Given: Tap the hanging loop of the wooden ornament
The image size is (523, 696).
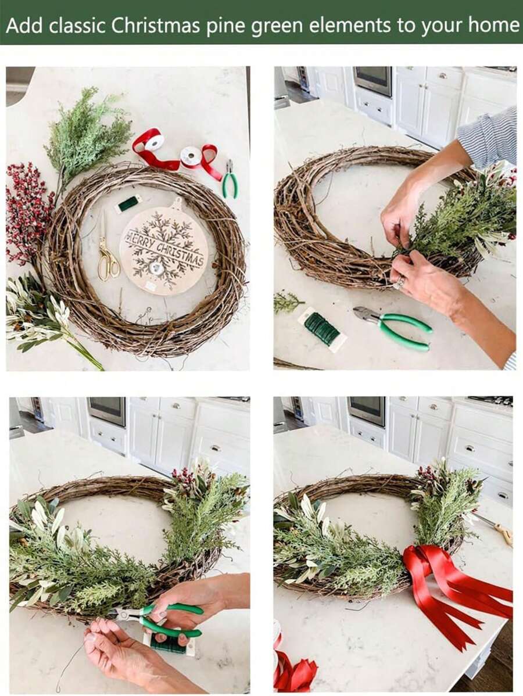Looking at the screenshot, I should tap(177, 203).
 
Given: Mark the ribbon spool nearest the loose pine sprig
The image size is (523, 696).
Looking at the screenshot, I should tap(154, 142).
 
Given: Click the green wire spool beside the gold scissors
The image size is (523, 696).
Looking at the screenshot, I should tap(128, 203).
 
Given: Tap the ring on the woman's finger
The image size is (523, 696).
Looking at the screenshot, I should tap(400, 283).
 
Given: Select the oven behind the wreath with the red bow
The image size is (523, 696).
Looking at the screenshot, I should tap(366, 411).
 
